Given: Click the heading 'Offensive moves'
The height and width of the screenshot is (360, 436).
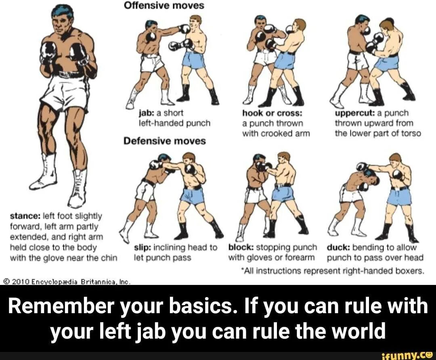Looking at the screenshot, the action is coord(164,6).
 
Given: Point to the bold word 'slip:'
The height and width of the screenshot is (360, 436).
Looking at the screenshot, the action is coord(143,247).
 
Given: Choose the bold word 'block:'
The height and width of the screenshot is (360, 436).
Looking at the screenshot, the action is coord(241,247).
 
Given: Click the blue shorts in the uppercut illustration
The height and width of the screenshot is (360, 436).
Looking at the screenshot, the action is coord(386,63).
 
